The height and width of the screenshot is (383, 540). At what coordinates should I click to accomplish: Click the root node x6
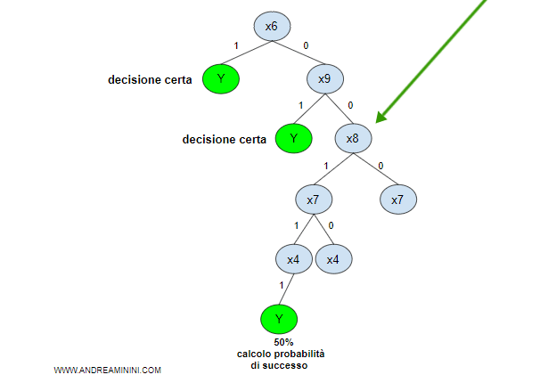coord(272,27)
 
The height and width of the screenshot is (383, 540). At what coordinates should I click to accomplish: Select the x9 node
coord(324,80)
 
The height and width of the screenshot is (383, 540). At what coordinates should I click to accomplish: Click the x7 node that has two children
coord(313,200)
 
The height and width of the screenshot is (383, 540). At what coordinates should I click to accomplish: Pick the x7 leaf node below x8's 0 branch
coord(398,200)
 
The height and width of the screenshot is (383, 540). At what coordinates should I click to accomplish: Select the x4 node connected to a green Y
coord(292,259)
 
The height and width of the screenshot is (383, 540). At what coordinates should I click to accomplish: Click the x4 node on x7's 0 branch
coord(332,259)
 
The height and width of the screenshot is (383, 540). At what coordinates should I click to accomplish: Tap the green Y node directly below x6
coord(221,80)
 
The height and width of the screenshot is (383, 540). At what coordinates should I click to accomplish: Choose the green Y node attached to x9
coord(293,139)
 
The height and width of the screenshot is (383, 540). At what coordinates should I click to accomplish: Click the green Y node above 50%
coord(278,318)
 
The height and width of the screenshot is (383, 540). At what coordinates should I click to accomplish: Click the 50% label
coord(282,342)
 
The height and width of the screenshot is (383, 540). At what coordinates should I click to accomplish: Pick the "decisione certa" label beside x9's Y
coord(224,139)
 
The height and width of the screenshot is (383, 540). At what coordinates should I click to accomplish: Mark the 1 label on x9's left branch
coord(300,105)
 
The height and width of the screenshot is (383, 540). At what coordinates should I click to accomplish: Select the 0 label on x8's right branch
coord(380,166)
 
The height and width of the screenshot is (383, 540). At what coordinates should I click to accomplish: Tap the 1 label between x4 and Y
coord(282,286)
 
